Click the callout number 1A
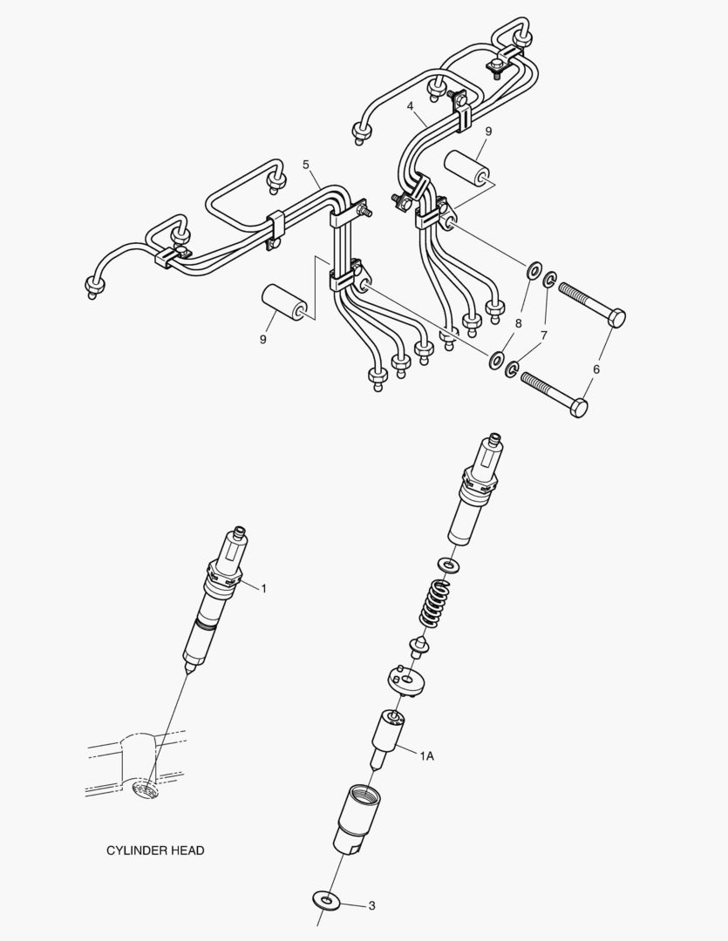pos(425,757)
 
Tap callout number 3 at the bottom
pos(371,905)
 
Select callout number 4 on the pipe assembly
pos(410,105)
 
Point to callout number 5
pos(306,164)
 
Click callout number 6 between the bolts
pos(596,369)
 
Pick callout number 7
pos(543,335)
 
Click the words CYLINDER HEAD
pos(155,850)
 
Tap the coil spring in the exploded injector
pos(434,601)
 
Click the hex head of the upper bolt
pos(615,317)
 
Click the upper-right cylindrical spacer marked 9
pos(467,169)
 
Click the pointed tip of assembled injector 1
pos(186,672)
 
